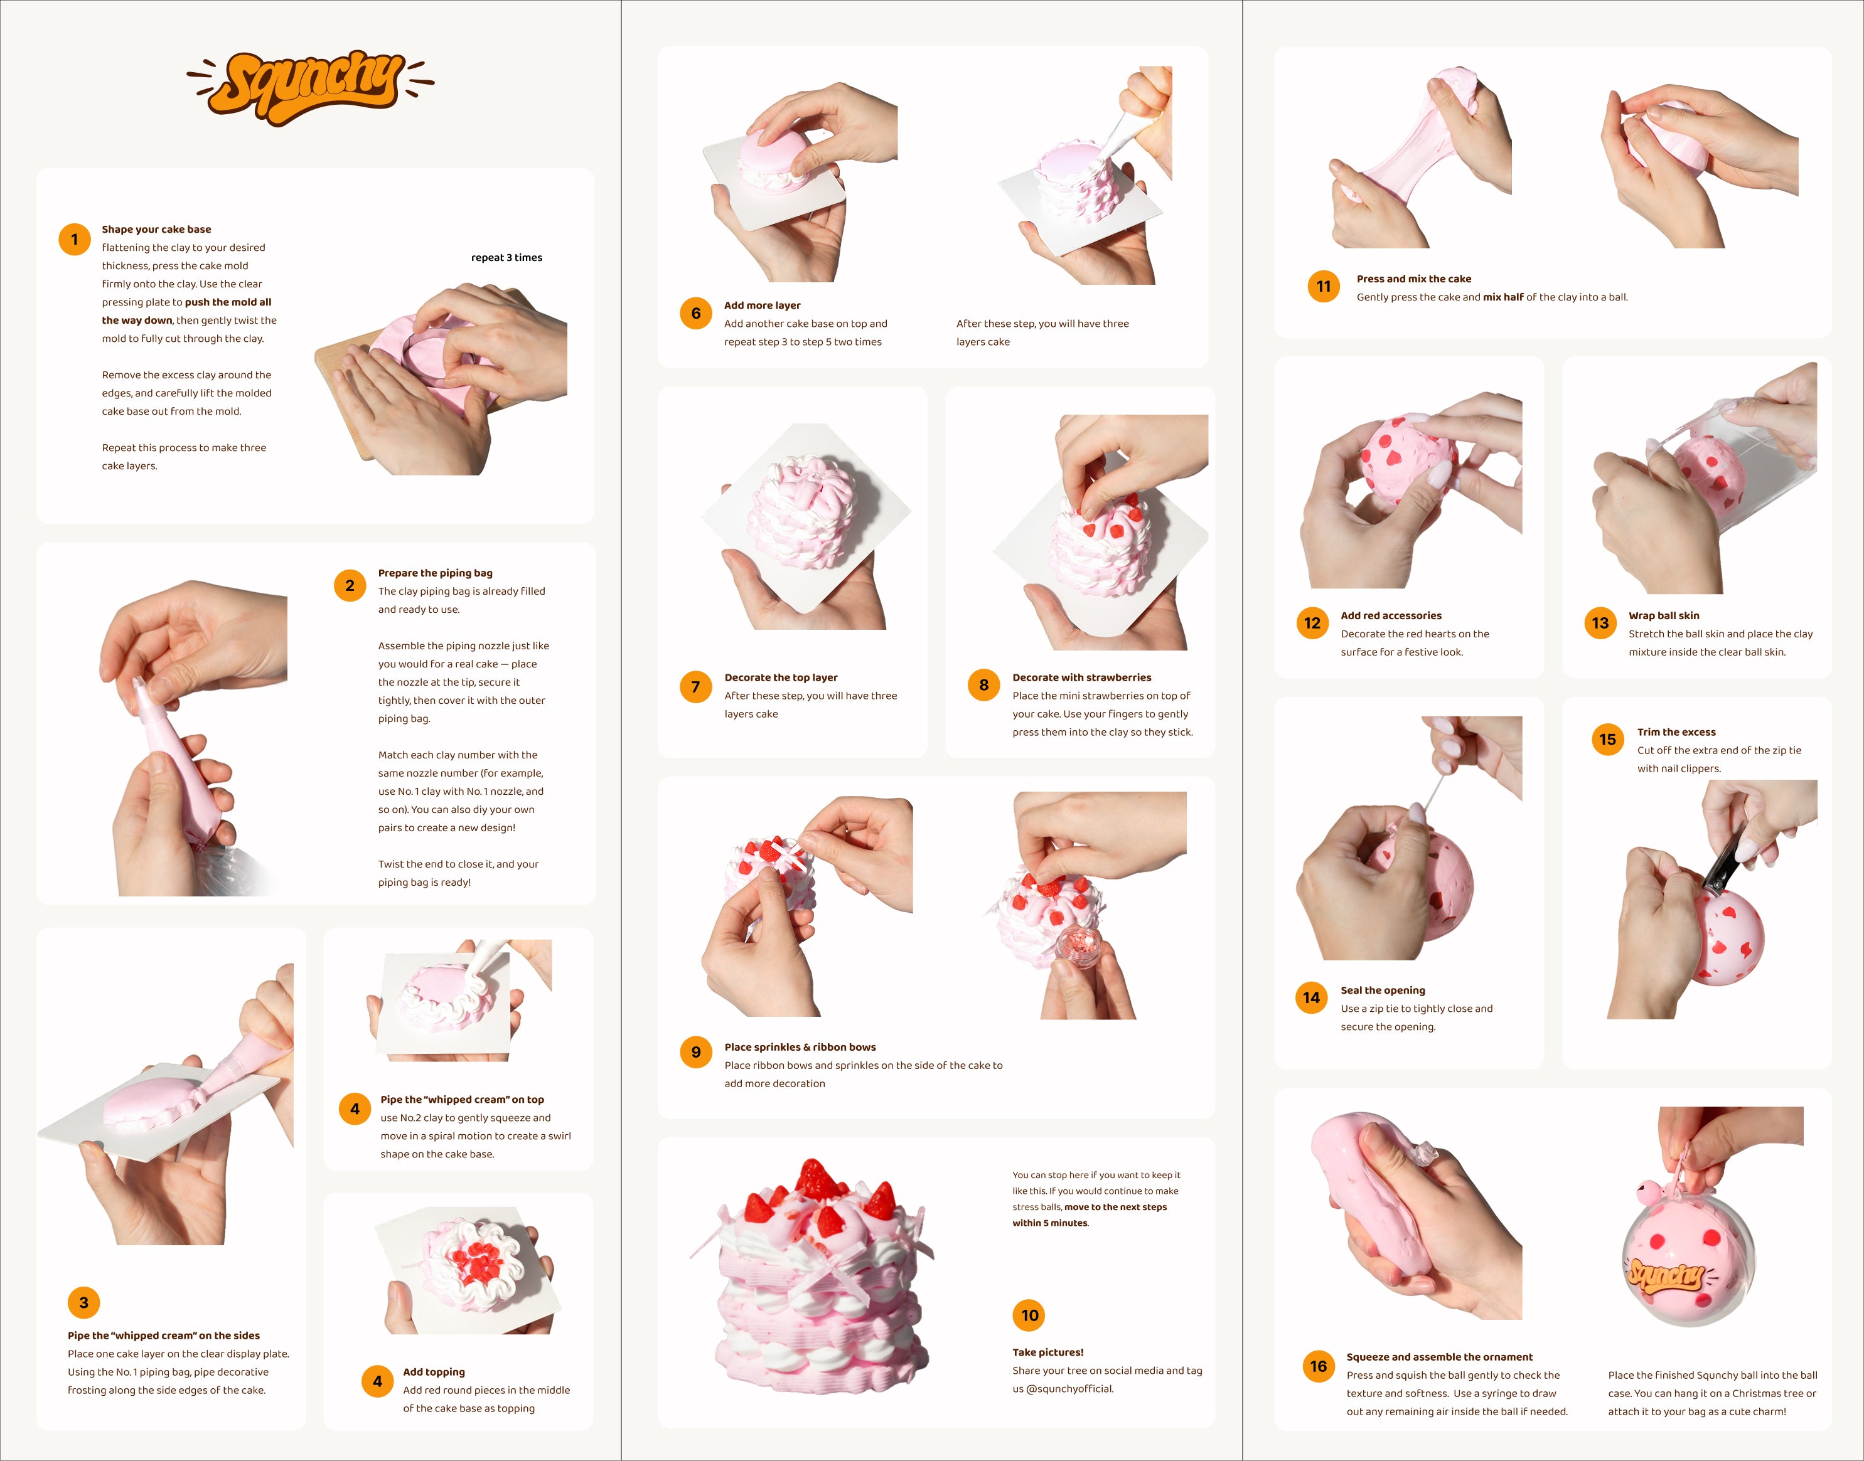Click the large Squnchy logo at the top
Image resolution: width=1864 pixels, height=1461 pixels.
(311, 87)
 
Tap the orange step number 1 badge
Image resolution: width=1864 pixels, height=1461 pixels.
(75, 240)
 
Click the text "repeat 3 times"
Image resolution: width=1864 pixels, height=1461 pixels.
(506, 257)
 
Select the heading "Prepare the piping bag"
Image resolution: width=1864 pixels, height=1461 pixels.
(436, 573)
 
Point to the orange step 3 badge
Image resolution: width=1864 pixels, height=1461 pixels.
(84, 1303)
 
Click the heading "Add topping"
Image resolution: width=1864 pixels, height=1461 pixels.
(434, 1372)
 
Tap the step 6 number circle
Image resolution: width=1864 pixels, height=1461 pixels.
(696, 313)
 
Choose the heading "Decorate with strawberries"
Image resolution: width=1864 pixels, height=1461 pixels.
(1082, 677)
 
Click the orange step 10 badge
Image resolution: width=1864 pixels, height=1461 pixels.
(1029, 1315)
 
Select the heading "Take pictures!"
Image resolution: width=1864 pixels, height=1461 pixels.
(1047, 1352)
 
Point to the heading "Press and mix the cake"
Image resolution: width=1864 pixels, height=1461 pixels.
(1414, 279)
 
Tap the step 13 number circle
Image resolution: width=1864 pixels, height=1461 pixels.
(1600, 623)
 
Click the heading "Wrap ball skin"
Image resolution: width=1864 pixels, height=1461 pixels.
(1664, 616)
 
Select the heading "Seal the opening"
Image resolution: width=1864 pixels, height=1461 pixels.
(1383, 991)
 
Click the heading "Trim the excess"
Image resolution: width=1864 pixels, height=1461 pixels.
(1676, 732)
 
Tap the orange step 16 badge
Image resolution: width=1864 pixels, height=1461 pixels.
(1319, 1366)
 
